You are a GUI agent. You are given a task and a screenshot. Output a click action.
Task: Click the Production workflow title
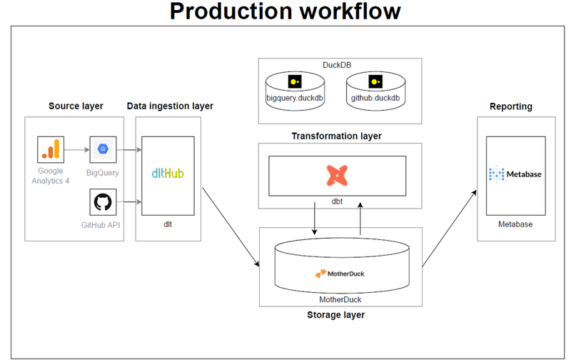[285, 12]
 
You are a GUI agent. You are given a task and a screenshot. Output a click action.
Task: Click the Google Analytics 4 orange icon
[50, 150]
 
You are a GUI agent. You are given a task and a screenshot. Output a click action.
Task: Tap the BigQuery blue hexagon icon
[103, 149]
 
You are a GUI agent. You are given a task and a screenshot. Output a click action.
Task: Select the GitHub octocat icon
[103, 201]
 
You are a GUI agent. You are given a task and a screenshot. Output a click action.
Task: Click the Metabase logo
[515, 174]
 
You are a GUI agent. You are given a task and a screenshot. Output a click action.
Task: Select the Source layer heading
[76, 106]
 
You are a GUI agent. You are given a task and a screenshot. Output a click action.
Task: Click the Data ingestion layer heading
[170, 106]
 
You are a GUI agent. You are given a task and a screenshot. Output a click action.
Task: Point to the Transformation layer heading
[336, 136]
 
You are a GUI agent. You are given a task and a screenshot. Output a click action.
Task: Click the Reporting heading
[510, 106]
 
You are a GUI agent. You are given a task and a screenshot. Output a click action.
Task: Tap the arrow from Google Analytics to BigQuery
[76, 150]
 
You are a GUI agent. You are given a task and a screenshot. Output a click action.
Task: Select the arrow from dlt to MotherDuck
[230, 228]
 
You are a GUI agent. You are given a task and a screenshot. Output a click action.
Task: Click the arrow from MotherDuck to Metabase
[449, 229]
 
